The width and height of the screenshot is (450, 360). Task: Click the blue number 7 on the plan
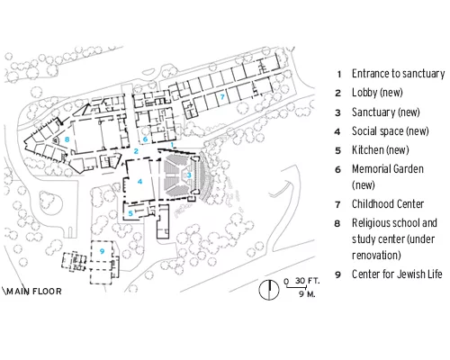[x=222, y=96]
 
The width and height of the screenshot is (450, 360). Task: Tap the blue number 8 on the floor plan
[x=67, y=139]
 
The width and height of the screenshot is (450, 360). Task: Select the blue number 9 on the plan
[x=102, y=251]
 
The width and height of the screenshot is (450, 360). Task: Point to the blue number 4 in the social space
[x=139, y=181]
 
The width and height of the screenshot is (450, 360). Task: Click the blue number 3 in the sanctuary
[x=189, y=175]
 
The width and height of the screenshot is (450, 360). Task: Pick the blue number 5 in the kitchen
[x=130, y=213]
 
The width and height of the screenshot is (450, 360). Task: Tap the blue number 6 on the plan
[x=146, y=139]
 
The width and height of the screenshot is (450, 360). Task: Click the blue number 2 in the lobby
[x=136, y=151]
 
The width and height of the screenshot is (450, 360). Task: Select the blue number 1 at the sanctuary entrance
[x=172, y=145]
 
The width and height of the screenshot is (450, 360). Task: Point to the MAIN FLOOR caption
[x=34, y=292]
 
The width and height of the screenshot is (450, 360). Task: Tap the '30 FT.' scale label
[x=307, y=281]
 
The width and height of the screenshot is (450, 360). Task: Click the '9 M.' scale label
[x=307, y=294]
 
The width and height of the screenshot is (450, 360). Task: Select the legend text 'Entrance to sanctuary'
[x=398, y=74]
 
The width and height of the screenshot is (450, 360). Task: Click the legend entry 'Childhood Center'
[x=388, y=204]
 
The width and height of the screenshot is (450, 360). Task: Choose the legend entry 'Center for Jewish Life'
[x=397, y=274]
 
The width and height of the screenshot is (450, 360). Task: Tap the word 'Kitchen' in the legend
[x=368, y=150]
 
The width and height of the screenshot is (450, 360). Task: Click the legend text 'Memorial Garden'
[x=388, y=169]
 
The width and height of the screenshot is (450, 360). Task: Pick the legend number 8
[x=337, y=223]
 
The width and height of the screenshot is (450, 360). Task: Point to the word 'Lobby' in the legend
[x=364, y=93]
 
